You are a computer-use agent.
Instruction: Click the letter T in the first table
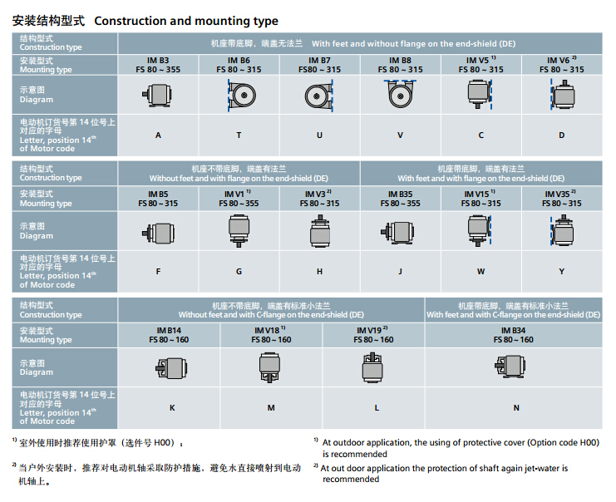point(239,135)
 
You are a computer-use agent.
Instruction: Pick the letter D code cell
point(562,135)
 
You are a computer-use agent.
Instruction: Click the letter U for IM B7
point(319,135)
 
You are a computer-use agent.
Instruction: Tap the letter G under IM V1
point(239,271)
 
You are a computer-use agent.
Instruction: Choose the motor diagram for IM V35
point(561,229)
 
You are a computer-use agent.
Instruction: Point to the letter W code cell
point(481,271)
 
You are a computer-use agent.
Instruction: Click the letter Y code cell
point(562,271)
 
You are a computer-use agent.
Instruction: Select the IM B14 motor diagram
point(171,367)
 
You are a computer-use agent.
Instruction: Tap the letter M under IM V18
point(271,407)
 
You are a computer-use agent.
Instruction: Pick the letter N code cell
point(516,407)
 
